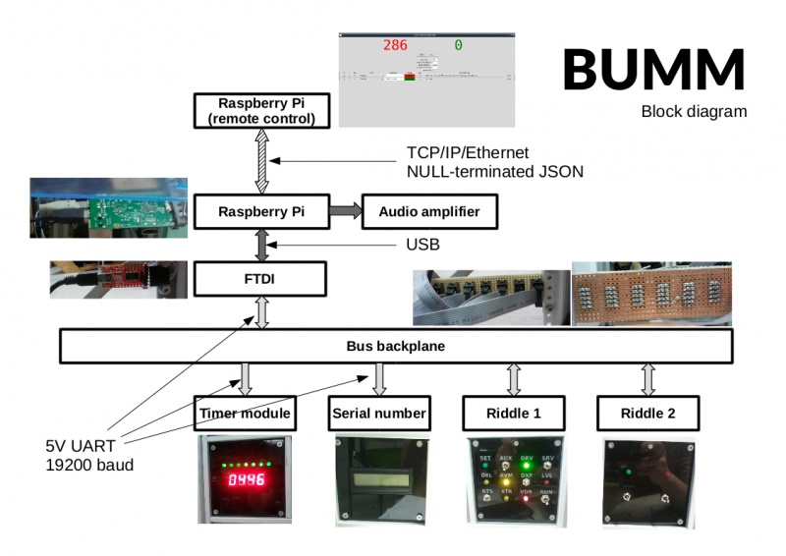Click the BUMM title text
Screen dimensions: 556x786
(x=653, y=69)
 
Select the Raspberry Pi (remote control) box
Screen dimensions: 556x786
(x=254, y=111)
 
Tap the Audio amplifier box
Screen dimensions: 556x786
(x=429, y=210)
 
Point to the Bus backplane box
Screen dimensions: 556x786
(x=396, y=346)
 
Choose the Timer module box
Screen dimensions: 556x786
(x=245, y=413)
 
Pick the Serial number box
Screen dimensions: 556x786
(x=379, y=413)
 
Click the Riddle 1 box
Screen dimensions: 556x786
(x=514, y=413)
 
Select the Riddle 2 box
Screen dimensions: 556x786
(x=647, y=413)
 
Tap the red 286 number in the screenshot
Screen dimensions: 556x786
(x=395, y=45)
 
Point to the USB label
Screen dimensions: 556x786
(x=422, y=244)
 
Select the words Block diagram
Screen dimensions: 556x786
(x=694, y=111)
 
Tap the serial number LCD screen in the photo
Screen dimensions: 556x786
(x=379, y=482)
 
